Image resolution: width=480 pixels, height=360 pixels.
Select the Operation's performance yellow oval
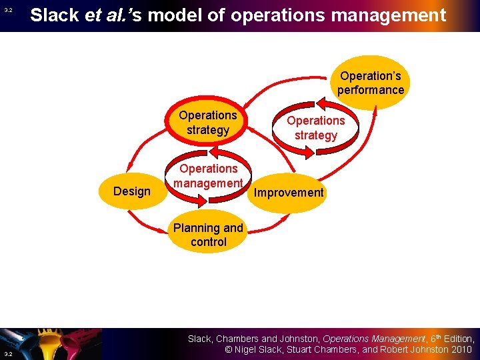click(x=370, y=83)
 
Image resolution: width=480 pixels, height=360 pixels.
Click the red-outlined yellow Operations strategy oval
click(x=207, y=123)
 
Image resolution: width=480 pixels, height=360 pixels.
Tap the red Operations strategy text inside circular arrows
click(x=315, y=128)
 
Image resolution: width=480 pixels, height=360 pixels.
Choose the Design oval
click(x=132, y=192)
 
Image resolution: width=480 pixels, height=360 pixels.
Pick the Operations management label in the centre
click(x=208, y=176)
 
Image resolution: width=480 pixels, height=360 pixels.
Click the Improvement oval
click(x=289, y=193)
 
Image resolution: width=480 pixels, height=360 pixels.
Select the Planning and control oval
click(x=208, y=235)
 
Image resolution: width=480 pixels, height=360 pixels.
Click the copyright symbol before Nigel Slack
click(x=227, y=350)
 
